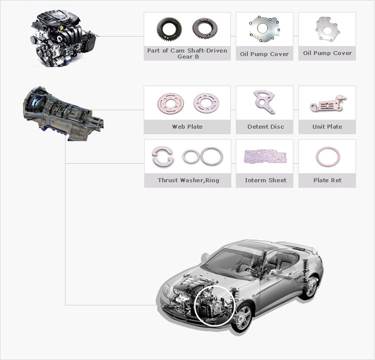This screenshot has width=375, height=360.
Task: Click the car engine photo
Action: [64, 39]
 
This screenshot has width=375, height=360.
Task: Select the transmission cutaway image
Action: [63, 114]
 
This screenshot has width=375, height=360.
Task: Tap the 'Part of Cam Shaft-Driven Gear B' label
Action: [187, 54]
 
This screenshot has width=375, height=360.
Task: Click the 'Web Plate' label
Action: [187, 127]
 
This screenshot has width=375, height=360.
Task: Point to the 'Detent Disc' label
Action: [266, 127]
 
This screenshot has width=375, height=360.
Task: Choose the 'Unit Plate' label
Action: [327, 127]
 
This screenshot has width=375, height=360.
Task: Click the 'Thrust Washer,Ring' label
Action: [188, 180]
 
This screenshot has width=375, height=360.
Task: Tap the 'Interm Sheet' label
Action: [265, 180]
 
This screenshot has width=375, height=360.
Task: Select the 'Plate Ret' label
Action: [327, 180]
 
